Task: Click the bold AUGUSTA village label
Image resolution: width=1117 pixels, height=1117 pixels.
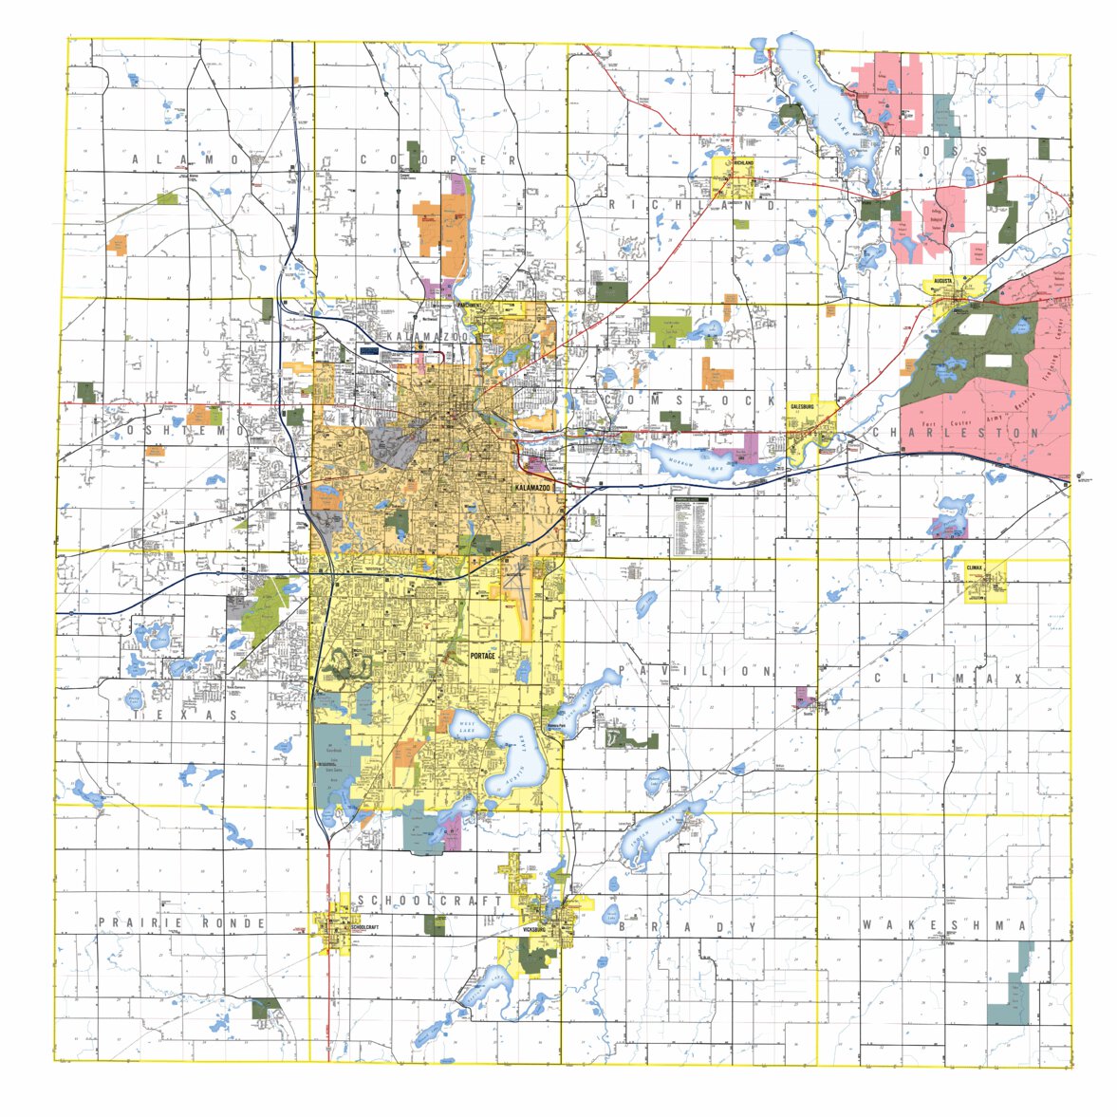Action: point(942,281)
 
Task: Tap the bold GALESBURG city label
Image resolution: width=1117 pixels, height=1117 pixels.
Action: point(802,406)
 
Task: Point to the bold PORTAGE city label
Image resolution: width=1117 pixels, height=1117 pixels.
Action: point(483,656)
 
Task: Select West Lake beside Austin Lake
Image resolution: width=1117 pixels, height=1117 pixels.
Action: point(467,727)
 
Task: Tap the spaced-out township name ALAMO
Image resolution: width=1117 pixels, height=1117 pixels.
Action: point(185,159)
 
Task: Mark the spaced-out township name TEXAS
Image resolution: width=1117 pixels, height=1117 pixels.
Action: point(186,715)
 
